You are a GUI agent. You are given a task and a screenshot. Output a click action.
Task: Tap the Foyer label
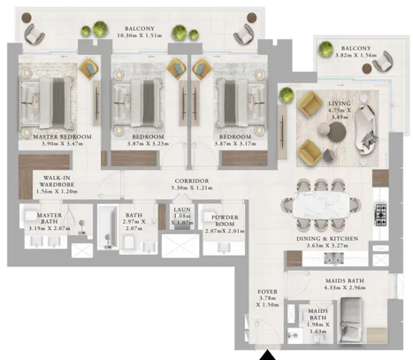coord(268,291)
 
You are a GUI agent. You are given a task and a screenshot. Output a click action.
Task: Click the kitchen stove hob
coord(381,214)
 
